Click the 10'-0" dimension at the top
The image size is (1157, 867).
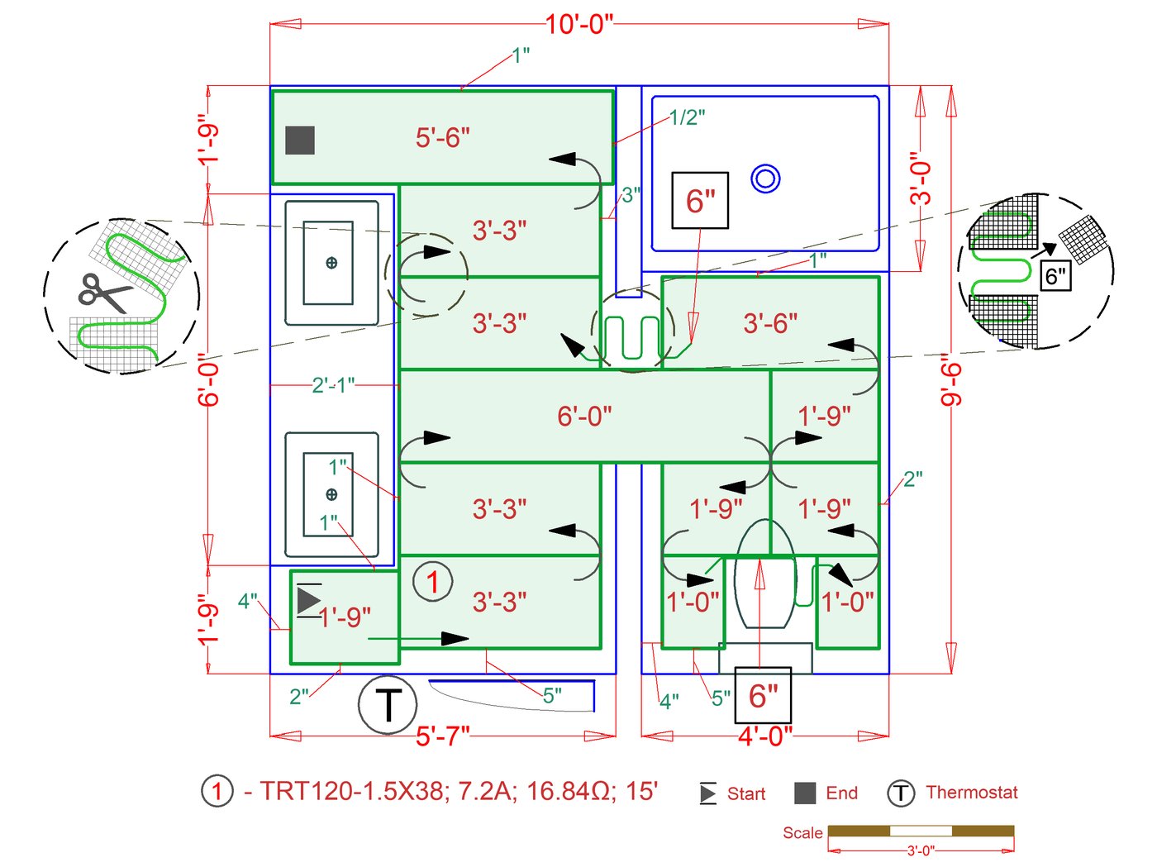click(x=579, y=24)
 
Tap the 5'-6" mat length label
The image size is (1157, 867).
click(x=443, y=137)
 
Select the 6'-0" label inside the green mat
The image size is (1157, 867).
click(x=584, y=416)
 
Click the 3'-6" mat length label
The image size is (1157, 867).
click(x=770, y=323)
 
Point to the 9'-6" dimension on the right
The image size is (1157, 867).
click(x=952, y=380)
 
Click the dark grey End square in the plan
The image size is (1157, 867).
click(x=300, y=141)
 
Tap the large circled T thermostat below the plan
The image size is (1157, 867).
click(x=388, y=705)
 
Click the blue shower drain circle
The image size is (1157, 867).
click(x=766, y=179)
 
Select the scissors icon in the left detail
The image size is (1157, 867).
click(x=103, y=293)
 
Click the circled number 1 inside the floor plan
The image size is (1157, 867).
click(x=432, y=581)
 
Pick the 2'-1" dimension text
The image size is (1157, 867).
click(x=333, y=385)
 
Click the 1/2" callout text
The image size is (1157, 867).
click(x=687, y=117)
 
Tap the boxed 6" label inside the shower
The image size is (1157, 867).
click(x=700, y=201)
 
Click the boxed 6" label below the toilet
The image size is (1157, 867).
click(x=763, y=696)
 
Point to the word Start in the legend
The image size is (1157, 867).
click(x=746, y=794)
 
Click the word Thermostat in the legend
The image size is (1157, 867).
click(x=972, y=793)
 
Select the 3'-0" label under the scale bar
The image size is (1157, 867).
click(x=921, y=850)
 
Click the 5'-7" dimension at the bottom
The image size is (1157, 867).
click(x=443, y=736)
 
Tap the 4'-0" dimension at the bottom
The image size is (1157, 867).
click(x=764, y=736)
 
